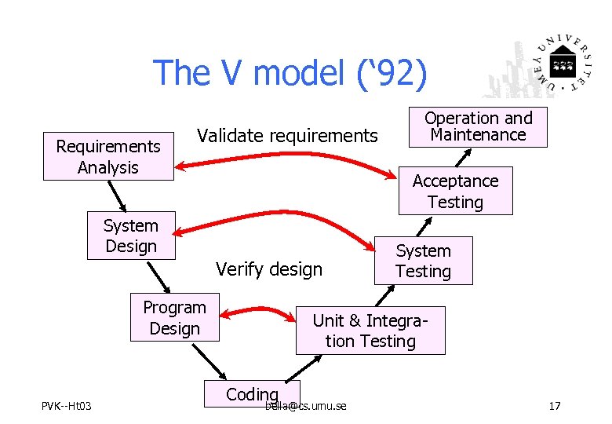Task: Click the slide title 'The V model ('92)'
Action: click(x=291, y=72)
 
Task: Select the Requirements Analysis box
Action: click(x=108, y=156)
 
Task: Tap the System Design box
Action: click(x=131, y=236)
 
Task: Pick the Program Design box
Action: click(x=175, y=318)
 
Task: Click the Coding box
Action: click(x=252, y=393)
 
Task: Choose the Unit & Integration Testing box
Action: click(x=370, y=331)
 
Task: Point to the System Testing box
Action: click(x=423, y=261)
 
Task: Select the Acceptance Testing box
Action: click(x=455, y=191)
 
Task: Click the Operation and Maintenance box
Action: click(x=478, y=126)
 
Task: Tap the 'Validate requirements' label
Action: click(x=287, y=136)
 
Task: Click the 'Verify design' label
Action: click(x=269, y=269)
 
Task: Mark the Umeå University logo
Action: click(x=541, y=64)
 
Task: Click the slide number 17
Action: click(x=555, y=406)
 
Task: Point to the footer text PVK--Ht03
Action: click(x=67, y=406)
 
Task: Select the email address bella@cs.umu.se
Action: click(x=307, y=406)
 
